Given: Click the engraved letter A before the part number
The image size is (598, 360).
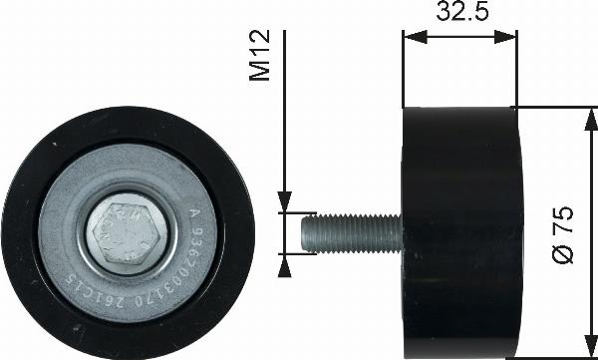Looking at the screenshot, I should tap(195, 211).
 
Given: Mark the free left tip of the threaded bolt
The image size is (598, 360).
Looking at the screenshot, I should tap(304, 232).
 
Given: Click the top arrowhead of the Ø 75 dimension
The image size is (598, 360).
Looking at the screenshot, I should tap(583, 115).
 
